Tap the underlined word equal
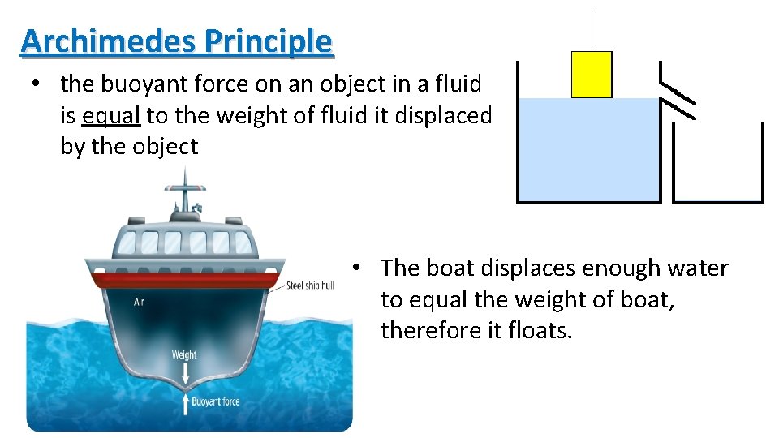point(112,115)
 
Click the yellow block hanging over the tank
point(592,75)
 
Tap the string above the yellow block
point(592,28)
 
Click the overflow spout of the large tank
point(678,97)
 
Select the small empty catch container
point(718,166)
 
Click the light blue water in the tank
point(588,154)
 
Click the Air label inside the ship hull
point(140,302)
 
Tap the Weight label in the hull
point(184,354)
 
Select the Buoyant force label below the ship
point(215,401)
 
